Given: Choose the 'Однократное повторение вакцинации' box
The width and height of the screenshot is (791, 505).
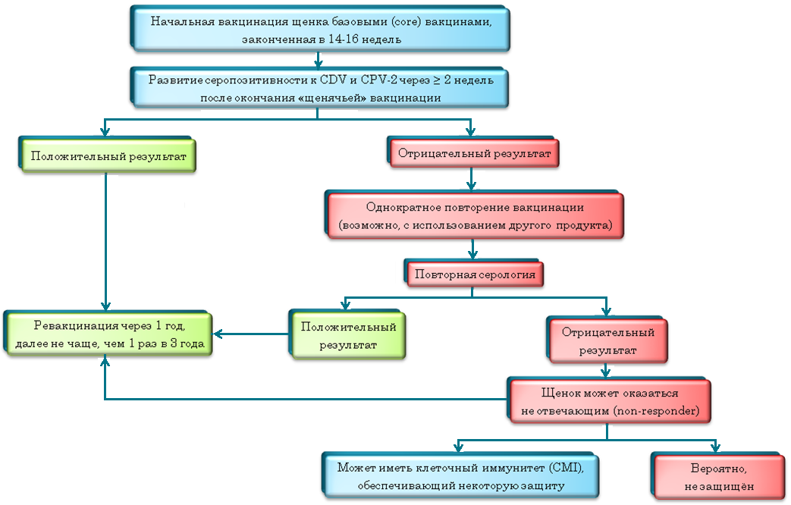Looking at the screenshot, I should click(475, 216).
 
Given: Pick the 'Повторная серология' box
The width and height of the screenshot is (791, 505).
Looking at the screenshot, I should click(476, 273).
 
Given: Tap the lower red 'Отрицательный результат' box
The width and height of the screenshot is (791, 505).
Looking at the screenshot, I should click(607, 340).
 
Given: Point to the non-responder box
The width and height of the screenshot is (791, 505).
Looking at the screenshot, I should click(610, 402).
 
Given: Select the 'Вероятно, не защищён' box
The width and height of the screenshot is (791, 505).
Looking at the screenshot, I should click(715, 475).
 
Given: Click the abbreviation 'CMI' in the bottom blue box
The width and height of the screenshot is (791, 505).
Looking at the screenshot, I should click(569, 466).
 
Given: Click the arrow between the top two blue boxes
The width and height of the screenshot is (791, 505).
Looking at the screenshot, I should click(319, 59).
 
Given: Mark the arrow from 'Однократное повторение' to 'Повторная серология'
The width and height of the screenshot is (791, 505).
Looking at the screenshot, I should click(473, 249).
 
